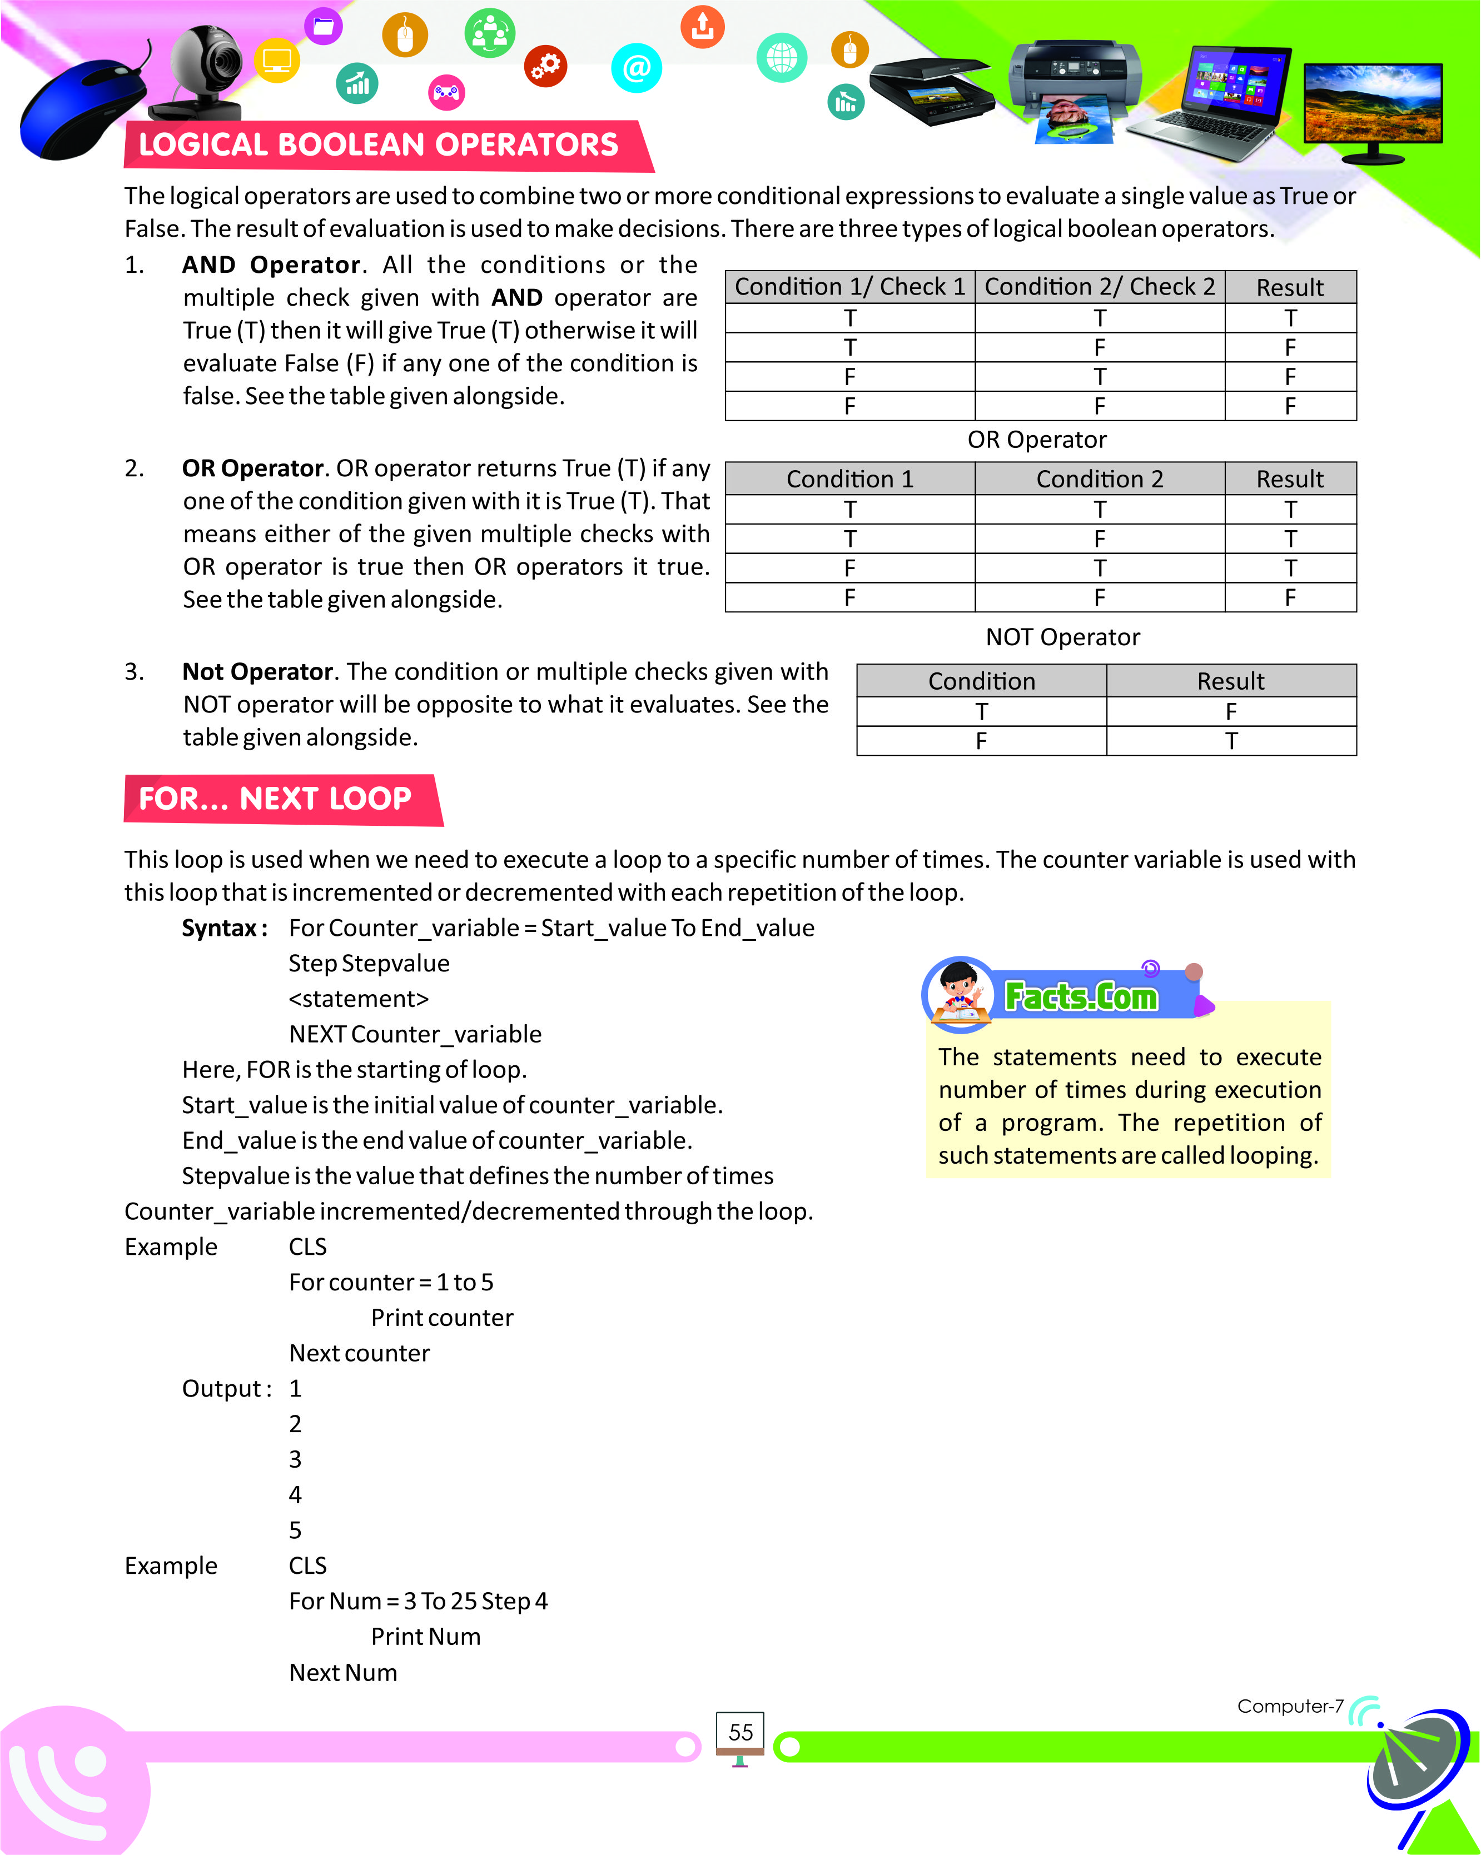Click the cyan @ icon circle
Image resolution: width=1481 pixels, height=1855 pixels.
(x=636, y=68)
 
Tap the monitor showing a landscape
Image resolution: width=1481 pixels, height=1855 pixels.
(x=1373, y=108)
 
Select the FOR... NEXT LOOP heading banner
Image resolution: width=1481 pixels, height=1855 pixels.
(x=275, y=799)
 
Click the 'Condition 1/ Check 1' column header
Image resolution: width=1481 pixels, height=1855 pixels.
(x=849, y=287)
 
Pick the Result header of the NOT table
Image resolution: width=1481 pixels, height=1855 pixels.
(x=1231, y=681)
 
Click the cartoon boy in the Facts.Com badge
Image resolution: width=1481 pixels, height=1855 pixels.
(x=958, y=994)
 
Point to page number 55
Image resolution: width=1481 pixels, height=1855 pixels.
(x=740, y=1732)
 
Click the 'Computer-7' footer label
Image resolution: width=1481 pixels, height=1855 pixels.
(x=1290, y=1706)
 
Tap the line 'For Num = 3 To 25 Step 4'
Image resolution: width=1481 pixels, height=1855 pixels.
(x=418, y=1601)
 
